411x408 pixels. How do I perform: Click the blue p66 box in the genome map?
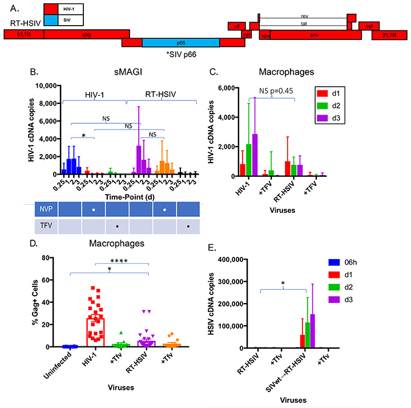180,43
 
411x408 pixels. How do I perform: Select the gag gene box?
86,34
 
